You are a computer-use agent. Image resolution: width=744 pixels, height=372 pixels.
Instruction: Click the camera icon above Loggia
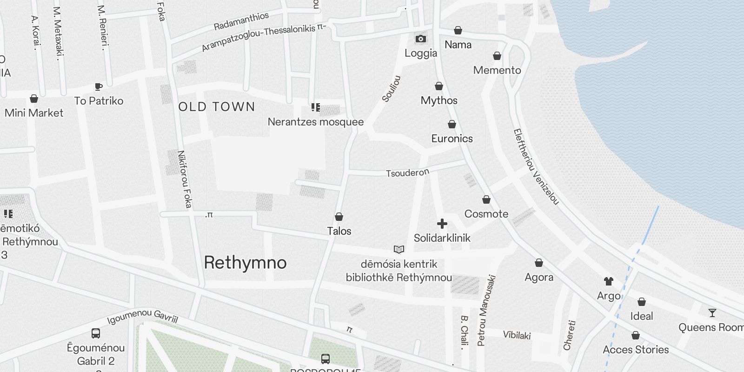[x=420, y=39]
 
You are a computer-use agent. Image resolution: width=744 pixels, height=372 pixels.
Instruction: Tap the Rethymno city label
[x=245, y=263]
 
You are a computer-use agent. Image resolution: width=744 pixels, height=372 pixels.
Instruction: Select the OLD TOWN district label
[x=217, y=107]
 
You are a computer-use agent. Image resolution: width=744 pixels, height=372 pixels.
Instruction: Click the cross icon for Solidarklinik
[x=442, y=224]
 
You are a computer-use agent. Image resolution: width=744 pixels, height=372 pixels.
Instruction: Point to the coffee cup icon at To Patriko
[x=99, y=86]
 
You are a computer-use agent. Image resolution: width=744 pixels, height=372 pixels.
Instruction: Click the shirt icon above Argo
[x=609, y=281]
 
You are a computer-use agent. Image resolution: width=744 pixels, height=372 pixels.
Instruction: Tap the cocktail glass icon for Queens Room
[x=712, y=312]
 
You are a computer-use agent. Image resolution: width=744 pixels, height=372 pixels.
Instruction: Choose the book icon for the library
[x=399, y=250]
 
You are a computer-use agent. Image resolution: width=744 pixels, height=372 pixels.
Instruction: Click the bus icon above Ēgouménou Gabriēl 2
[x=96, y=333]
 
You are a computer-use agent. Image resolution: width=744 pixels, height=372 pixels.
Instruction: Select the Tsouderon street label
[x=407, y=173]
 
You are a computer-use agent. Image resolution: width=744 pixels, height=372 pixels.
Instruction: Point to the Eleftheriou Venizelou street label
[x=536, y=166]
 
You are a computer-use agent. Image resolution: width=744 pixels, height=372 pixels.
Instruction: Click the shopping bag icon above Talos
[x=339, y=217]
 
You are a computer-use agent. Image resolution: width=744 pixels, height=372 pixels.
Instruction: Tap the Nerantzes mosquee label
[x=316, y=122]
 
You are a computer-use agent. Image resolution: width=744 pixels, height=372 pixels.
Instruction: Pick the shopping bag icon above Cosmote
[x=486, y=199]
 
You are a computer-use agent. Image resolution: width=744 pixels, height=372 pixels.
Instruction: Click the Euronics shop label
[x=452, y=139]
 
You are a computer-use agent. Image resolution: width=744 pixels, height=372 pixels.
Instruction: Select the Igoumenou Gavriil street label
[x=143, y=317]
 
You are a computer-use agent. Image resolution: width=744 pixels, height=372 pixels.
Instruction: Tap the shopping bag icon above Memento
[x=497, y=56]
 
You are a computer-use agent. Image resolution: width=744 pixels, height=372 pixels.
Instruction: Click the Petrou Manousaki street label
[x=486, y=311]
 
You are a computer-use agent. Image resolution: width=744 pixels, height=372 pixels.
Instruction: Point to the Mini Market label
[x=34, y=113]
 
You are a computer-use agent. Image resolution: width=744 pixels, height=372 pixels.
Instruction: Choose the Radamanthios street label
[x=241, y=21]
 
